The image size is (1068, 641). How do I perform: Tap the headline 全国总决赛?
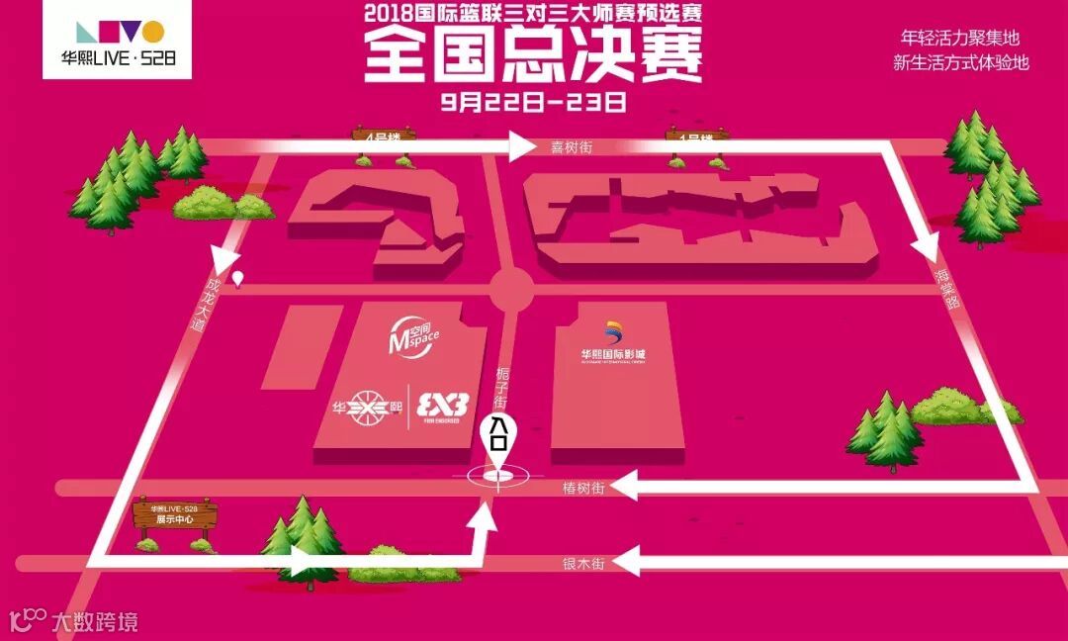point(533,53)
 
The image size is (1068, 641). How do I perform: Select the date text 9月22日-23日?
point(534,100)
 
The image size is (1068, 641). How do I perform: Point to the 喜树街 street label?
point(571,147)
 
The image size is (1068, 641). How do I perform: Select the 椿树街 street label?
point(582,487)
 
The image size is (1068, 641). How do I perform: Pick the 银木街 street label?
point(582,563)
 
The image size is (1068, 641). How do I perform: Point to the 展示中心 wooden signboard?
point(175,515)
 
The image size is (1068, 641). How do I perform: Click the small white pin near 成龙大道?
point(238,279)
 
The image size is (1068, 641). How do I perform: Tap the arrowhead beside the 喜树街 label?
point(521,148)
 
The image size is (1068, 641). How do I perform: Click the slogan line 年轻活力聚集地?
point(959,39)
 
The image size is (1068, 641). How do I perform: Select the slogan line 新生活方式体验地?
point(960,62)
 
